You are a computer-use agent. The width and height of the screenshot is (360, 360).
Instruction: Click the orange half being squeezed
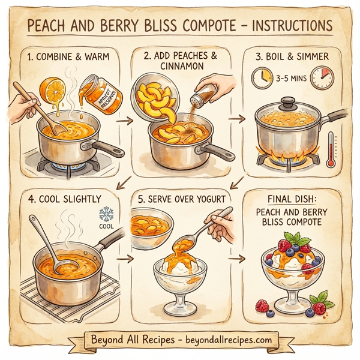pyautogui.click(x=54, y=89)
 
